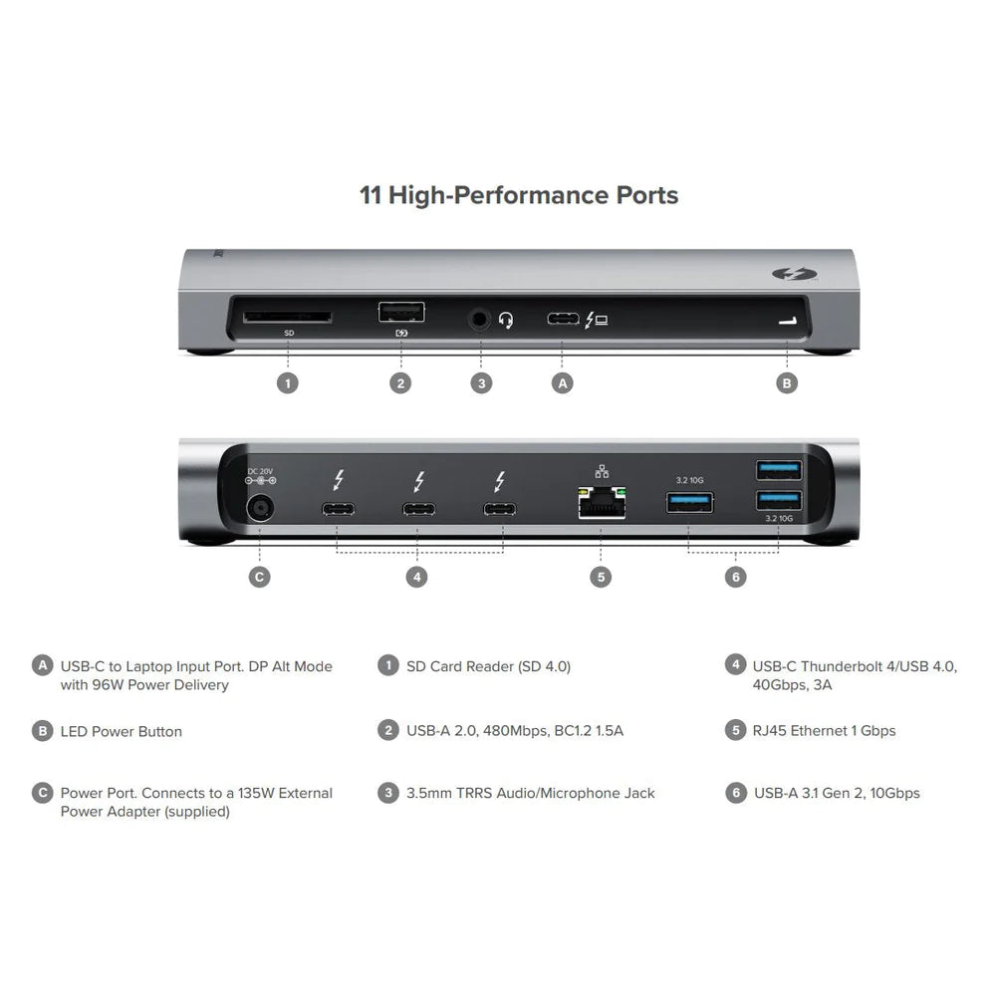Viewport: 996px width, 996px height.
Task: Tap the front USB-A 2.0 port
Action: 400,313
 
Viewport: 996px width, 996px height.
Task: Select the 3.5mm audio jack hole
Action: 482,320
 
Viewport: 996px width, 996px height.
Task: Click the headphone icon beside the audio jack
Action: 506,321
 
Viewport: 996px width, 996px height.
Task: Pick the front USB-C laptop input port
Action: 563,320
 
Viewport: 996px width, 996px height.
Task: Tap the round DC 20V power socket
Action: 260,508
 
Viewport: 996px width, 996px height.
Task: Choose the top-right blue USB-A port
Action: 777,468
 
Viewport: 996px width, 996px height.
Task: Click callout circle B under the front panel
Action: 787,382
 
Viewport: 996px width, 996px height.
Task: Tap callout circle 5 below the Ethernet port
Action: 600,577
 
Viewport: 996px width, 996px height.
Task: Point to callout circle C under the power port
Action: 259,577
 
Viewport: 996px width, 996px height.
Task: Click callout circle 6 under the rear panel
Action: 735,577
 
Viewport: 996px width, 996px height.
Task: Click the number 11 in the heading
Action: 371,194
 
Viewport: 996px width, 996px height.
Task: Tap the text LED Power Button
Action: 122,731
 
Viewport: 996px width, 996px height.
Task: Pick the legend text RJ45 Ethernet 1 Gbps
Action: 825,730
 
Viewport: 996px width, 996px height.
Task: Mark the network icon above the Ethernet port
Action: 600,470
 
